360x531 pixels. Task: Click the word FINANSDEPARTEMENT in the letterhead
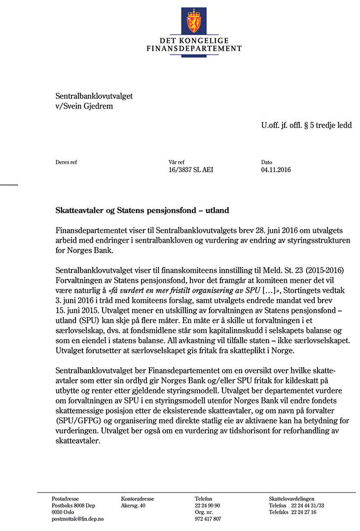click(x=194, y=49)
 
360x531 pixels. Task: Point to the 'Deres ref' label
click(x=66, y=162)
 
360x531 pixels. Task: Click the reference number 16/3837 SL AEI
click(x=191, y=170)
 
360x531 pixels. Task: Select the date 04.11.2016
click(x=276, y=170)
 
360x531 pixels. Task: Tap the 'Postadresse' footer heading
click(x=65, y=499)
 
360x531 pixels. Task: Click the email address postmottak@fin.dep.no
click(x=77, y=519)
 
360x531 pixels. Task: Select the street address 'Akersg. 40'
click(x=133, y=506)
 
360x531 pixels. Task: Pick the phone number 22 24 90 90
click(x=208, y=506)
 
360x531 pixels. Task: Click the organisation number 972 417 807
click(x=208, y=519)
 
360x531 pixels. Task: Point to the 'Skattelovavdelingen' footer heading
click(x=291, y=499)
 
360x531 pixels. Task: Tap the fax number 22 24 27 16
click(x=304, y=512)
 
